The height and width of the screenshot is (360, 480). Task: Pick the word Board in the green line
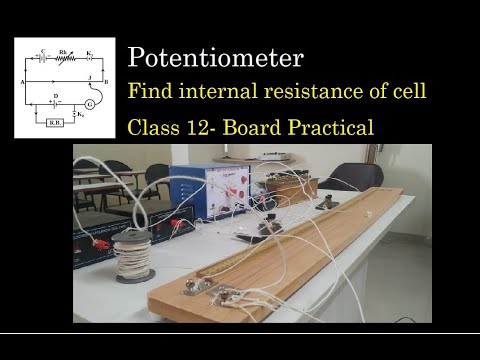point(283,127)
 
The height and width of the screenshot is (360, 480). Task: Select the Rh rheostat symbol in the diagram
point(63,51)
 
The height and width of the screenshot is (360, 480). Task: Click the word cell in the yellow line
point(409,92)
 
